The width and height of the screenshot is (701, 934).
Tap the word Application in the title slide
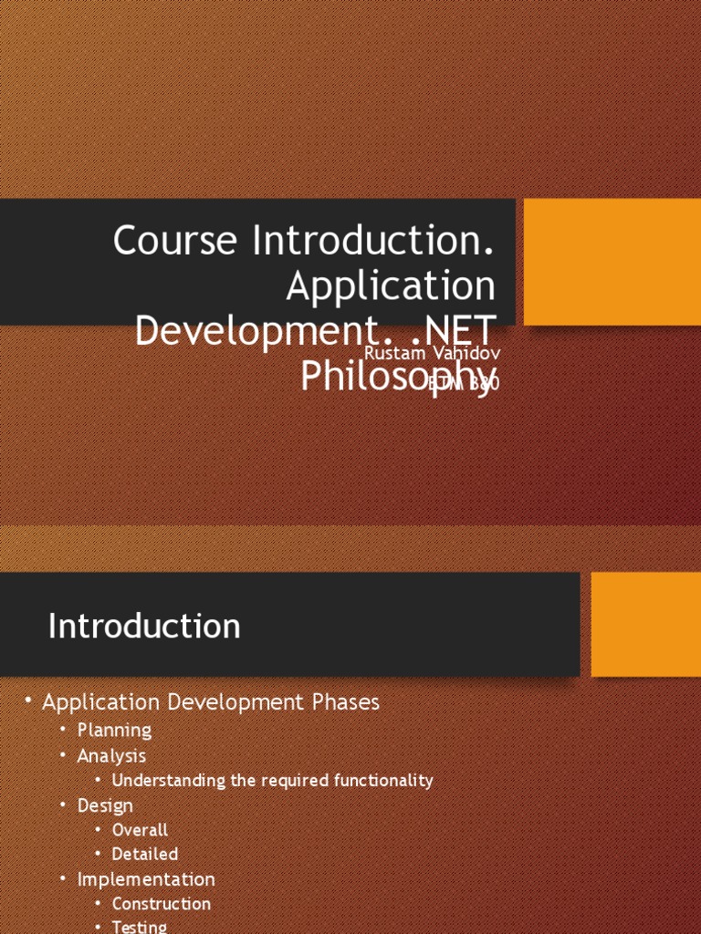391,286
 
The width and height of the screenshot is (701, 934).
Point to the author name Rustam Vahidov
432,352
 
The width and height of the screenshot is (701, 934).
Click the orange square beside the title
612,262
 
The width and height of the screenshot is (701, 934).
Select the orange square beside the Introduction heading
645,624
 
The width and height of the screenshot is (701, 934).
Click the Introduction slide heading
144,627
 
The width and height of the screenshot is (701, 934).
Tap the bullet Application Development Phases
211,702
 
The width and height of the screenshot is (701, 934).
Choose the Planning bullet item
114,730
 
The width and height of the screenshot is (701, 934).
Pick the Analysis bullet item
111,755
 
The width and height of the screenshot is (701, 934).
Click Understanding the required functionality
272,781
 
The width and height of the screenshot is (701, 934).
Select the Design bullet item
105,805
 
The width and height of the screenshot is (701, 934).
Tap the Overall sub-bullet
140,830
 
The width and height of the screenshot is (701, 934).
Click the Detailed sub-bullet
144,855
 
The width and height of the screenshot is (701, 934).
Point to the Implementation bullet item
146,879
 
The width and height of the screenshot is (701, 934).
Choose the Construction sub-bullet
161,904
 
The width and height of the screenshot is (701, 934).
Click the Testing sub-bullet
139,927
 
